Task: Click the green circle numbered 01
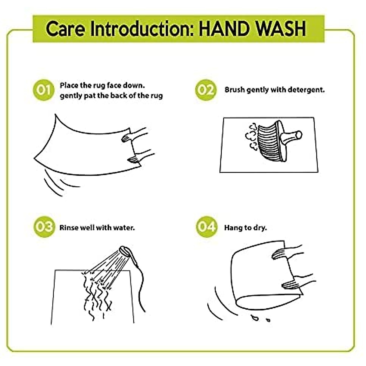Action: (44, 90)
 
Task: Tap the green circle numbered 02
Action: (206, 90)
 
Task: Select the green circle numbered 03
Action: (44, 227)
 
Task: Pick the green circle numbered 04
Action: (206, 227)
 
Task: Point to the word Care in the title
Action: (65, 29)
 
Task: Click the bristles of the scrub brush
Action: (268, 142)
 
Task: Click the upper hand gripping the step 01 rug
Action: (134, 136)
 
